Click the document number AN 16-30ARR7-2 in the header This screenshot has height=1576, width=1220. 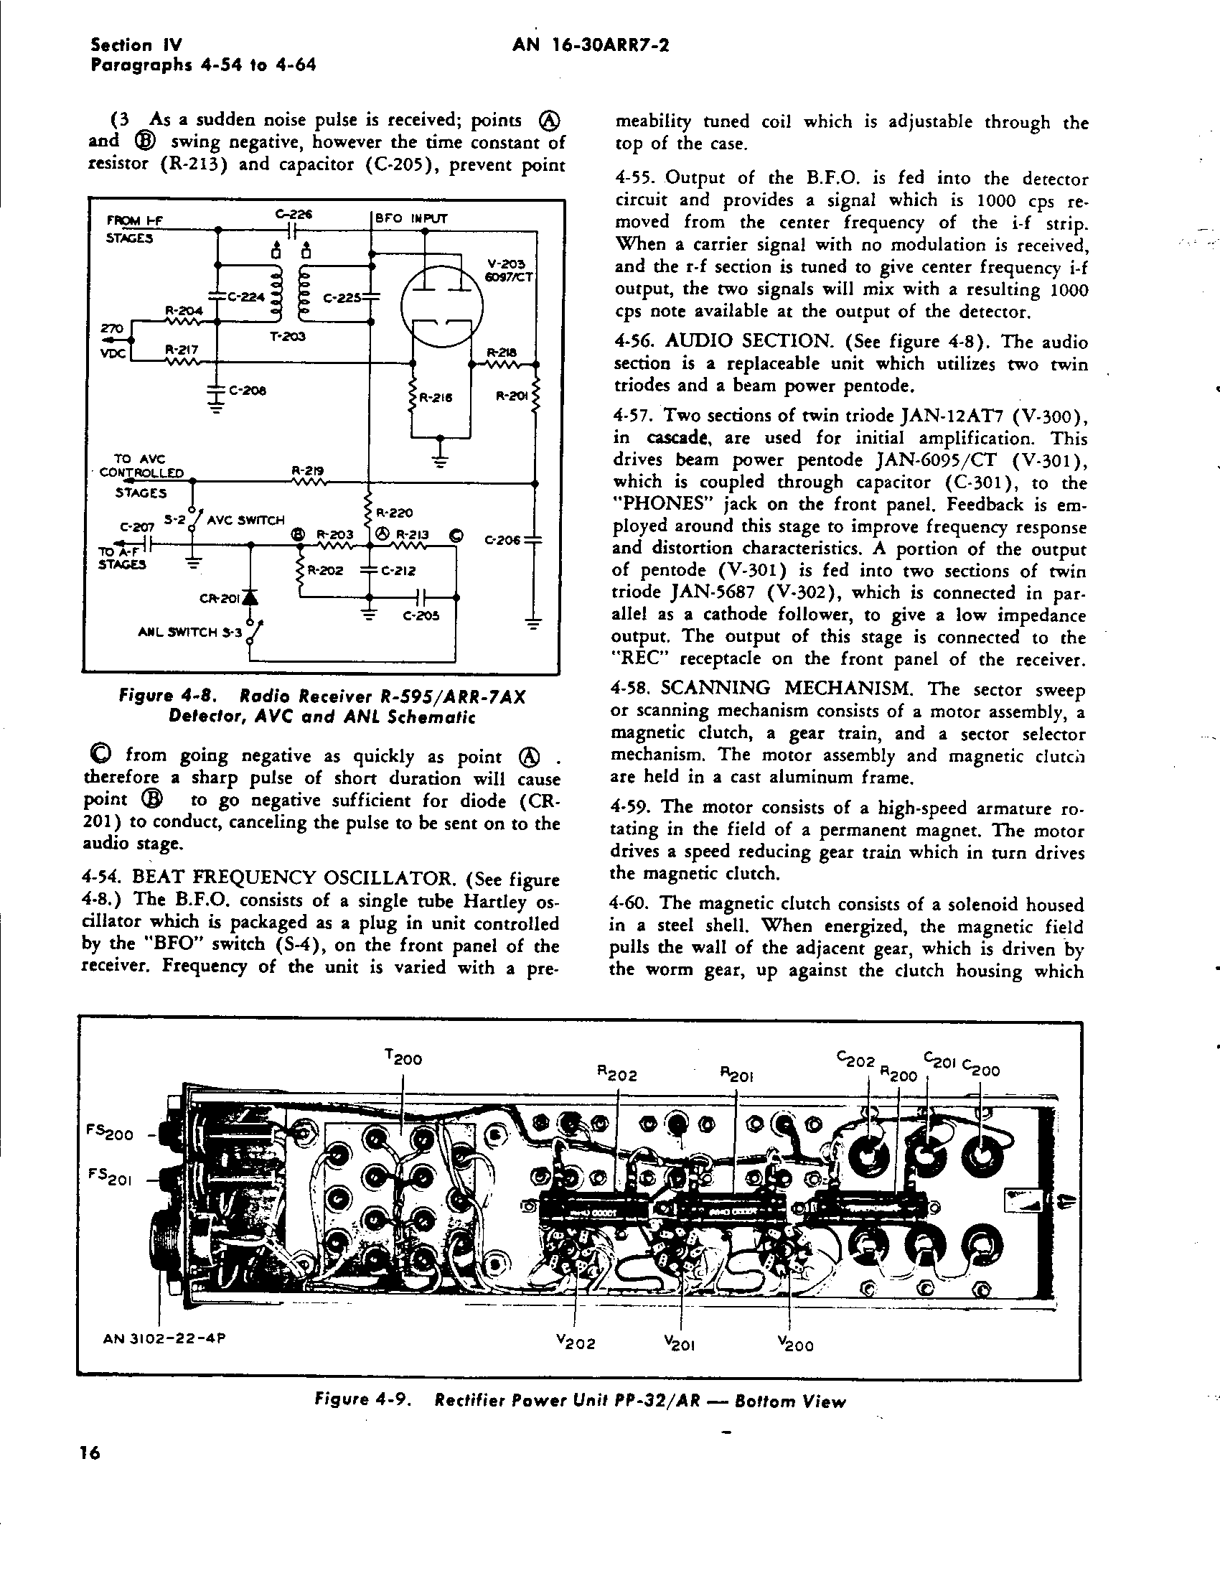click(590, 45)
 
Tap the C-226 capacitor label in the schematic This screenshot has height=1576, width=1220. click(293, 214)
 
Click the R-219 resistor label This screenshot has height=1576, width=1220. click(307, 470)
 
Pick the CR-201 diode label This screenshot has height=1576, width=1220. click(219, 598)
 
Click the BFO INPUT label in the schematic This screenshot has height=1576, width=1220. click(411, 218)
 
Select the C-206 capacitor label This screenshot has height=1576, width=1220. click(504, 539)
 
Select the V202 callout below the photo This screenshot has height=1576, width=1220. click(576, 1343)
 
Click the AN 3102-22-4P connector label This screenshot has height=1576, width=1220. click(164, 1338)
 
